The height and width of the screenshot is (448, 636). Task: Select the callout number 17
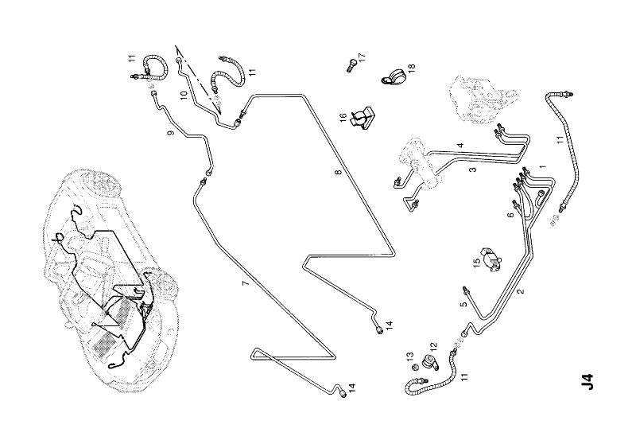point(362,57)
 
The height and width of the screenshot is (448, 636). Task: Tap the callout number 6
point(510,216)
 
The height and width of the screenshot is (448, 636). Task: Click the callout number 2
point(521,292)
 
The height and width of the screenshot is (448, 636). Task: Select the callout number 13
point(412,356)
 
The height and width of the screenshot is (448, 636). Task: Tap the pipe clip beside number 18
point(393,77)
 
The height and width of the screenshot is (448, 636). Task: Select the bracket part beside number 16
point(363,117)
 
